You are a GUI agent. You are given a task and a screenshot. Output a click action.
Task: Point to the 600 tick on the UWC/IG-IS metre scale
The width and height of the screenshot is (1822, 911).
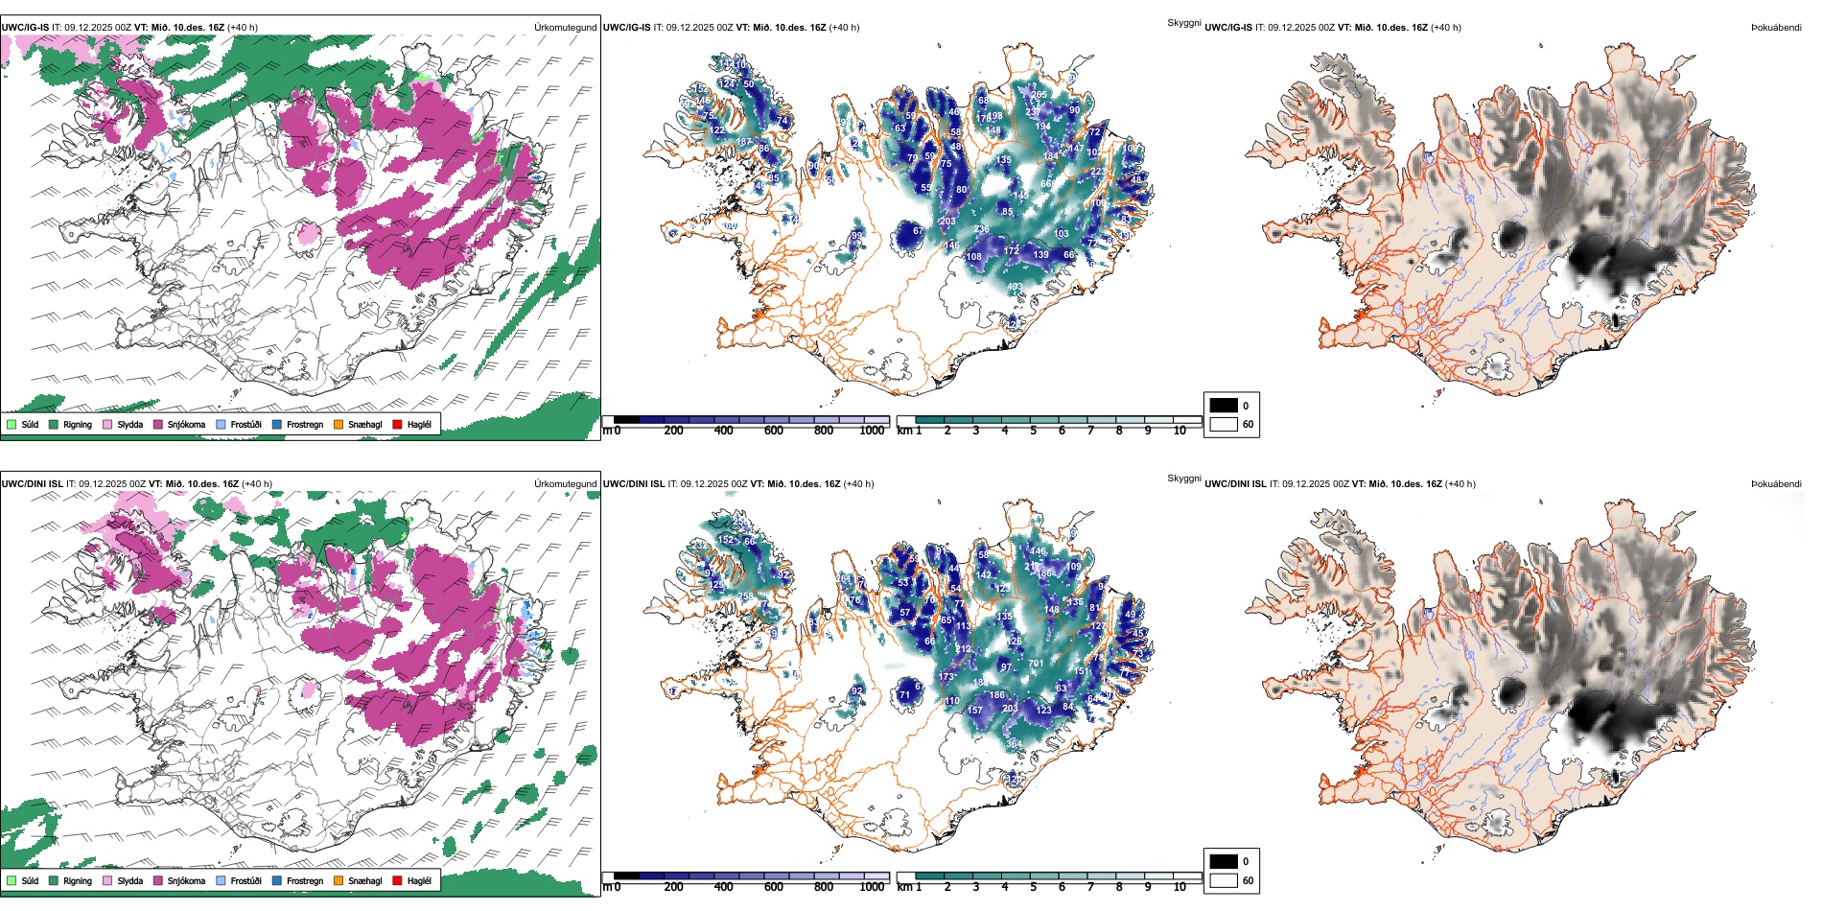(773, 431)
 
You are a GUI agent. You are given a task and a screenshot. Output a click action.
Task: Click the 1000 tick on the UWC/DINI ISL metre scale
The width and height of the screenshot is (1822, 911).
(872, 887)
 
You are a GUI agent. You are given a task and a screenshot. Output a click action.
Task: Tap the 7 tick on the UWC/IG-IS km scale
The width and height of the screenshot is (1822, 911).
(1090, 431)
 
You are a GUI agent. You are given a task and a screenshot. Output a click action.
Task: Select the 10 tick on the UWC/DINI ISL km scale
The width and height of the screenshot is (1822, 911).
(1180, 887)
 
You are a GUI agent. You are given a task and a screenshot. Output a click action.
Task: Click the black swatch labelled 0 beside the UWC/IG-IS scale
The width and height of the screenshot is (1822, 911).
(1224, 405)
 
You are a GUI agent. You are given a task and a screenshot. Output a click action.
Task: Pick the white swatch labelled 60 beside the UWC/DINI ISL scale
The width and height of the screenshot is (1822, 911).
(1224, 880)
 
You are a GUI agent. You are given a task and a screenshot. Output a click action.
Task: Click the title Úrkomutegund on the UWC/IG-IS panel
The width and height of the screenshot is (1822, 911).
(565, 28)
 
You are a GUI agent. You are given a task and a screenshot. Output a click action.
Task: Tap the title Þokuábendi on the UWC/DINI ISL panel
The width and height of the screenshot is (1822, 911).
(1776, 484)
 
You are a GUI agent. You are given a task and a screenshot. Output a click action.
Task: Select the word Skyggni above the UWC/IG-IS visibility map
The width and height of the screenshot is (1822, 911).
(1183, 23)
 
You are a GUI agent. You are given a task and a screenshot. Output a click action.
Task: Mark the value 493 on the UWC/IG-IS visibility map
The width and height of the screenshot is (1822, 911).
(1015, 287)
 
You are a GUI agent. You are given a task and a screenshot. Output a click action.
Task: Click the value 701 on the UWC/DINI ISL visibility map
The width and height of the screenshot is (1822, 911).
(1036, 664)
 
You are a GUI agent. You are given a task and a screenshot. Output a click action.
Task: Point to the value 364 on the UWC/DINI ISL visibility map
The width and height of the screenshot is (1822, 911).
(1014, 744)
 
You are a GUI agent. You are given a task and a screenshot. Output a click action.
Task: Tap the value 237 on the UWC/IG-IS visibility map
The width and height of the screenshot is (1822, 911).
(1033, 112)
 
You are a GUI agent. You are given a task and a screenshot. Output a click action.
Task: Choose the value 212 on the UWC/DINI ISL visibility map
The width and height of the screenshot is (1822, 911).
(964, 649)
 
